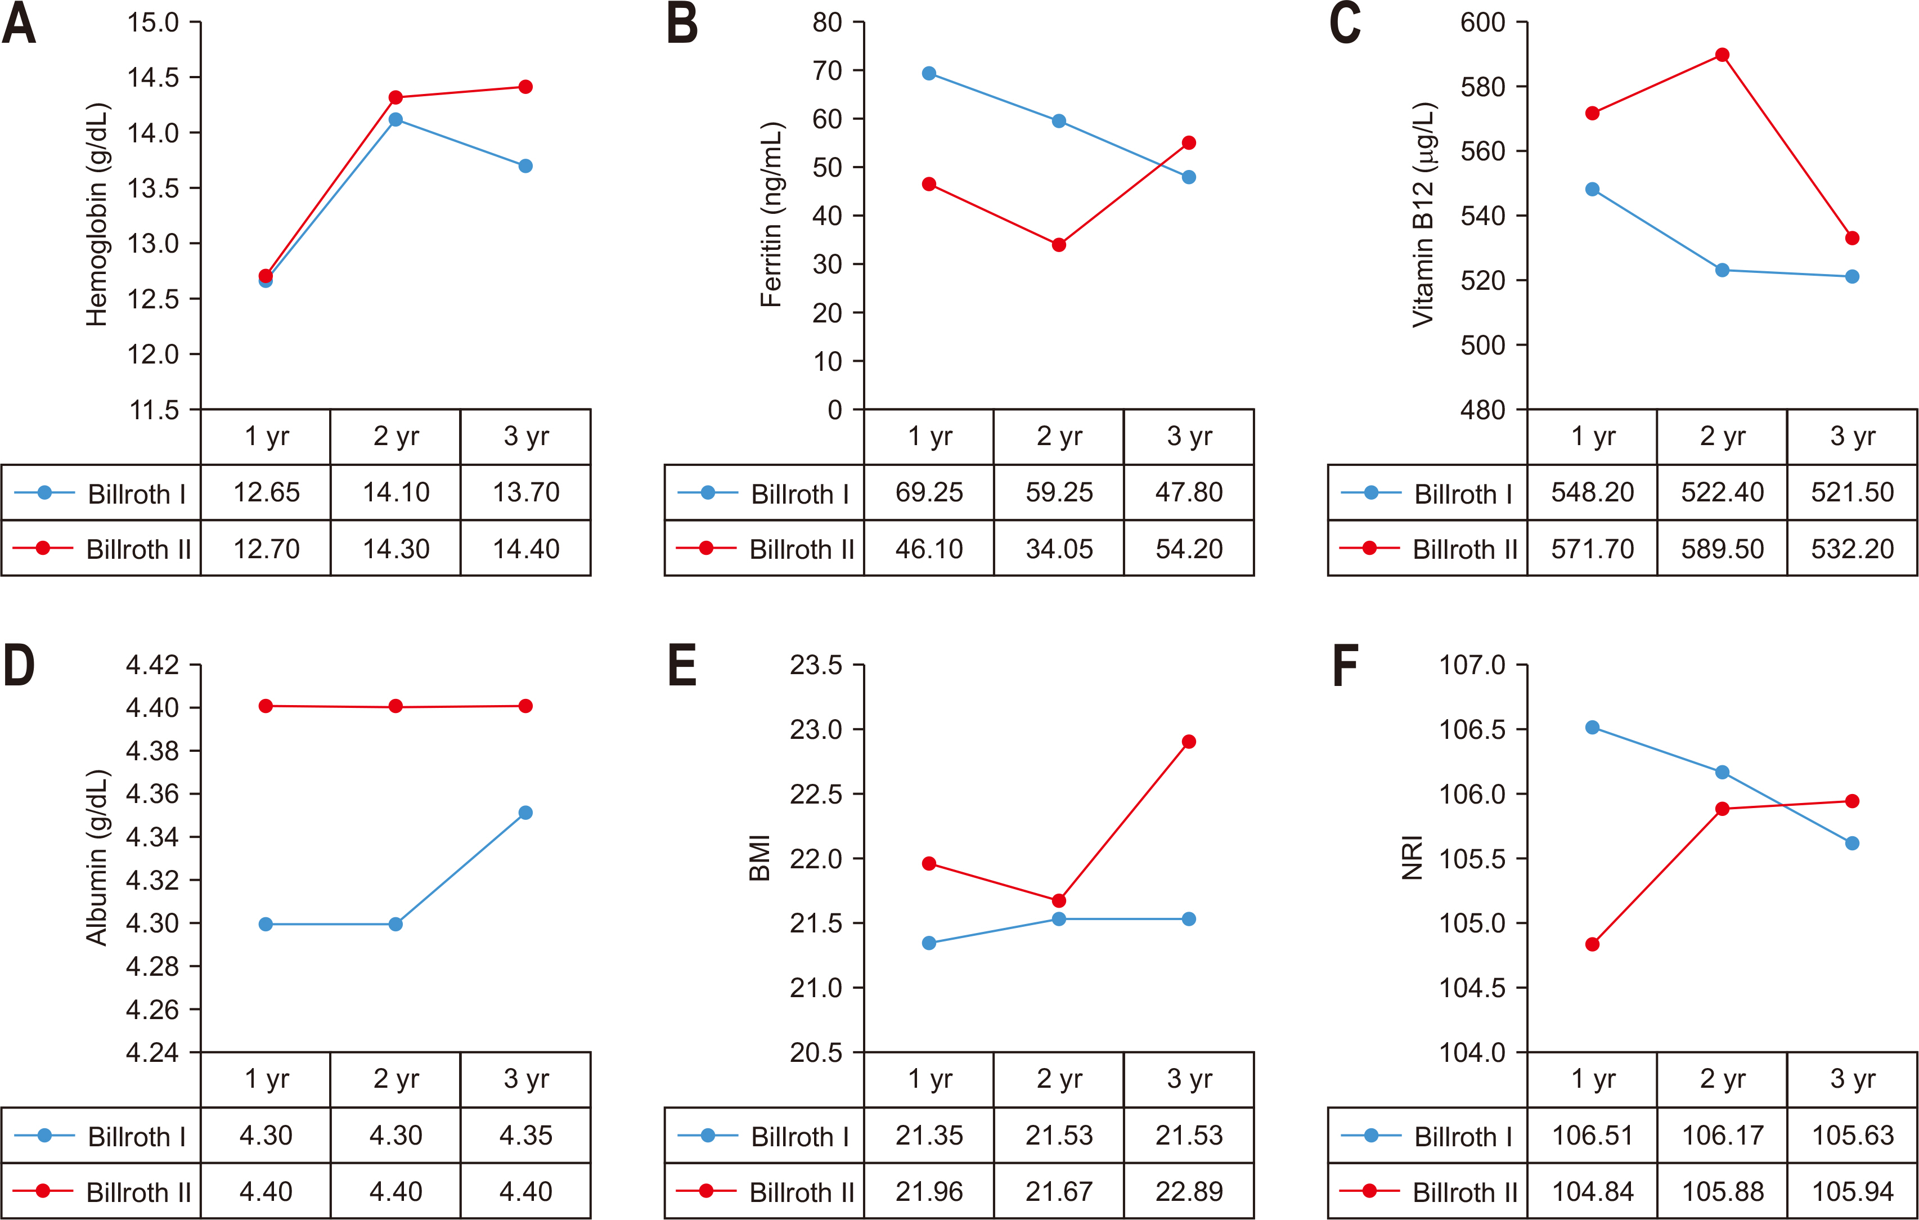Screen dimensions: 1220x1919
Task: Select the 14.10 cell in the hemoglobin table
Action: coord(396,492)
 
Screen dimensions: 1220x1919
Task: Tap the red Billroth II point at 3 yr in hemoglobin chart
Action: coord(525,87)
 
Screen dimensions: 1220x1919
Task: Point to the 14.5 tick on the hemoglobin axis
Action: coord(153,77)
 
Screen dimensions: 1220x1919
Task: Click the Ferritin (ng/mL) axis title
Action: coord(771,214)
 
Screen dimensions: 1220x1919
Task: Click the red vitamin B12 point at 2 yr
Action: coord(1722,55)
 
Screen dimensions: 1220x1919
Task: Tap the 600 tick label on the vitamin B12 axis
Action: coord(1482,23)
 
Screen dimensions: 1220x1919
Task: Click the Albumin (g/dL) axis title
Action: coord(96,858)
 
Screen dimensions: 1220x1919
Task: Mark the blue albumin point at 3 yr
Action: coord(525,813)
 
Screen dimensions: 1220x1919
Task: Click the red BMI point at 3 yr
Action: coord(1189,742)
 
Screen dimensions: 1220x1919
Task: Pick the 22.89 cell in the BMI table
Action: coord(1189,1192)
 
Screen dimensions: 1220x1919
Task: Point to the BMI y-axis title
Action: coord(759,858)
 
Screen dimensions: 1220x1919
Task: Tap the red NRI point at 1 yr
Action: coord(1592,945)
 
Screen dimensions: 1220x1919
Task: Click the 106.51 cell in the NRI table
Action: coord(1592,1136)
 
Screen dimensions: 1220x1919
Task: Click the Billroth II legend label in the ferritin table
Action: coord(801,549)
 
